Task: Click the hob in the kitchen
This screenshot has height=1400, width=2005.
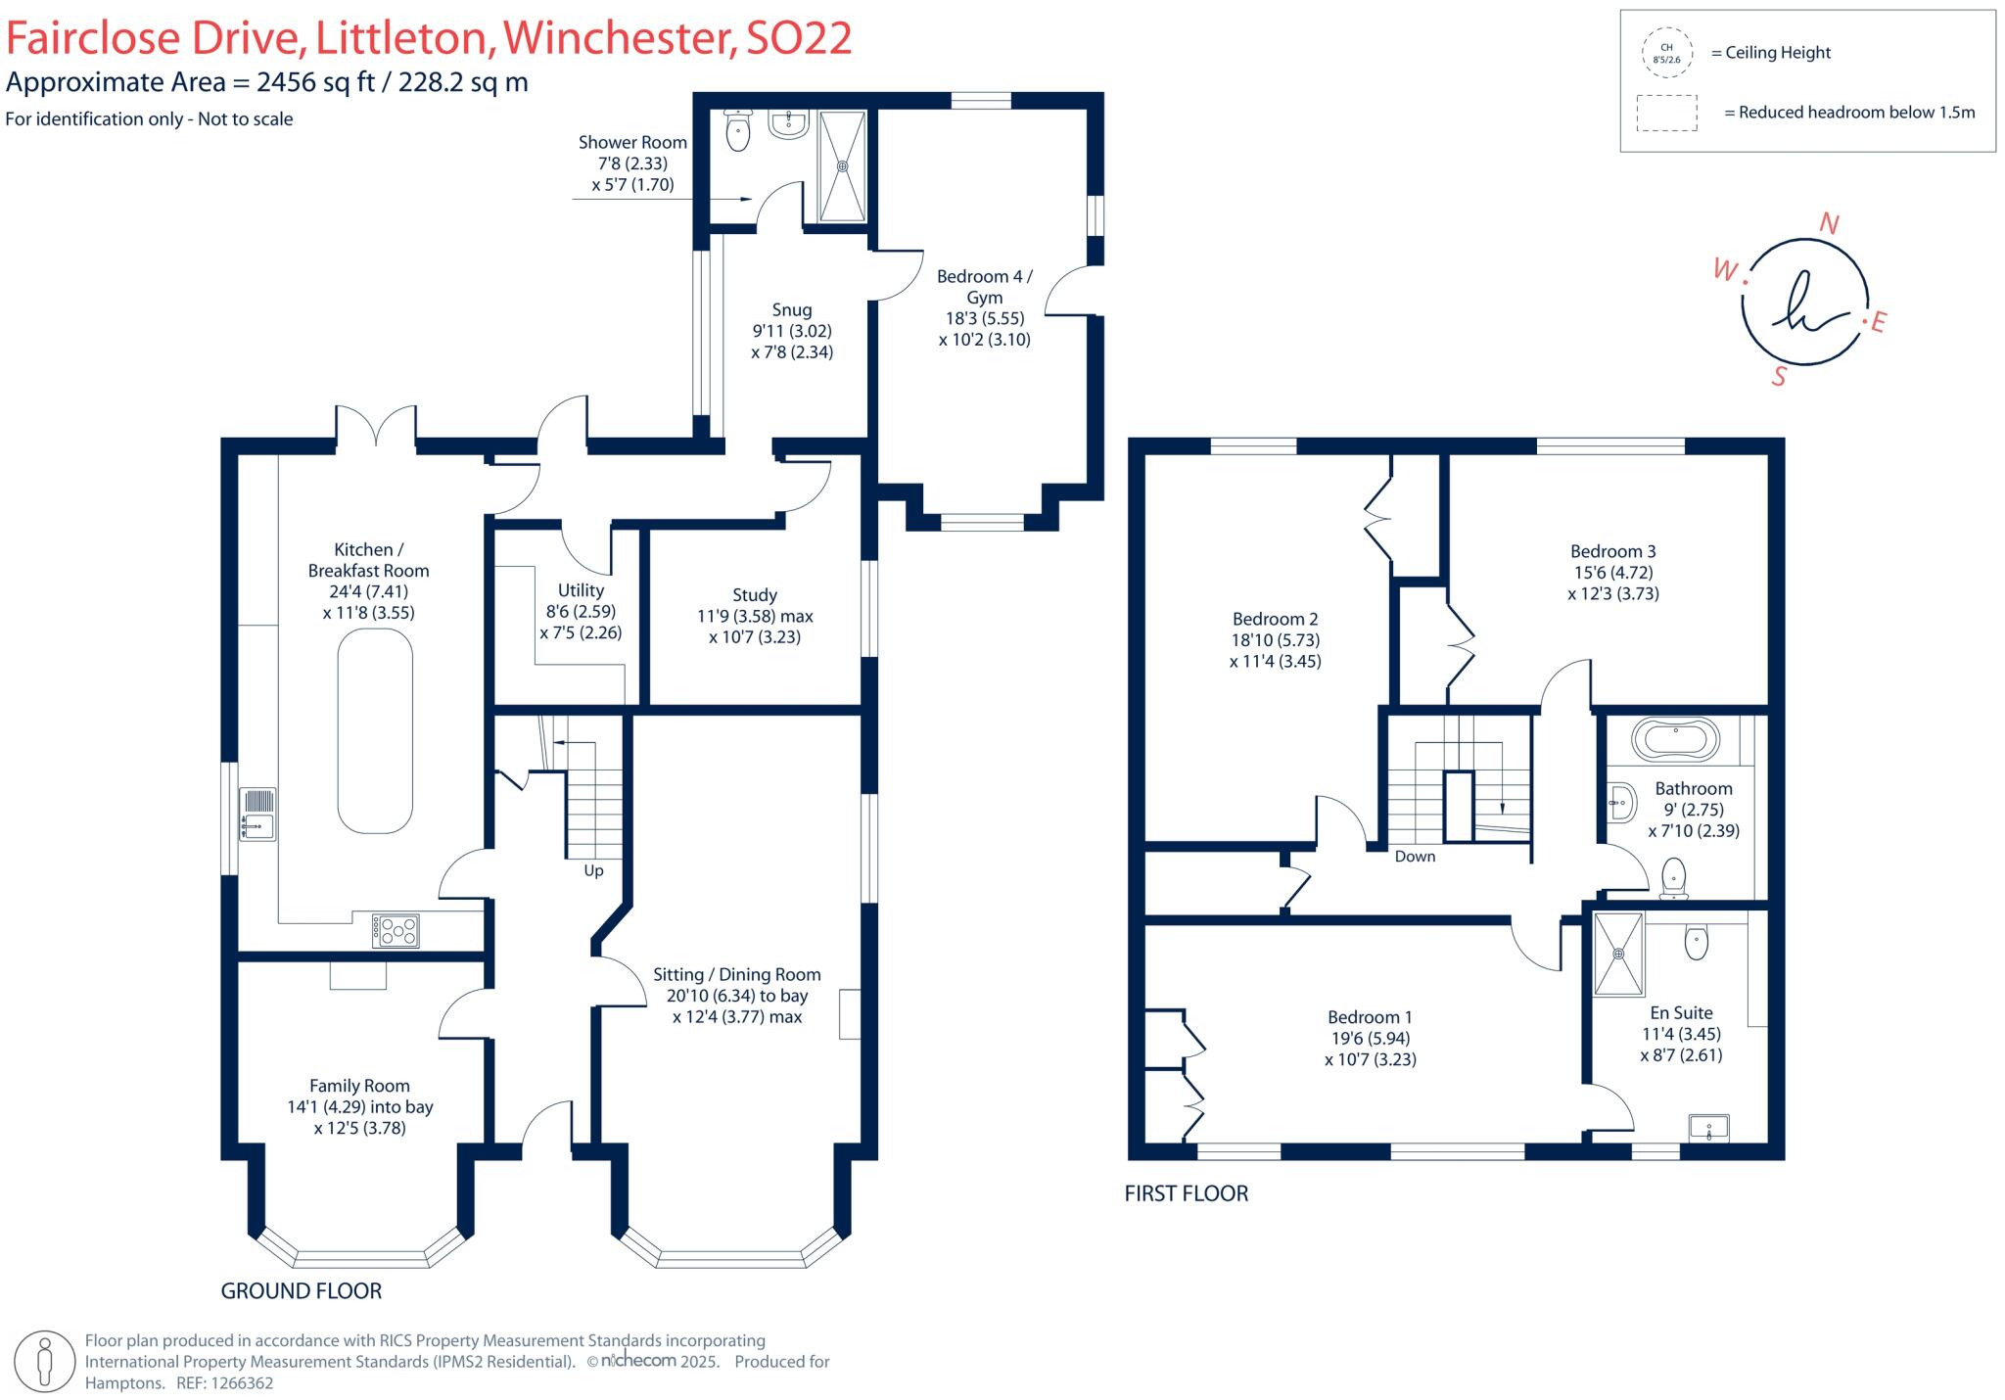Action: coord(396,930)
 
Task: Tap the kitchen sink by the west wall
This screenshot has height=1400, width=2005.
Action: coord(258,815)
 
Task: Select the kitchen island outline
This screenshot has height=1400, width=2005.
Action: coord(375,730)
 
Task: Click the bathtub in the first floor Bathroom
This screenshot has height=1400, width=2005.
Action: coord(1676,739)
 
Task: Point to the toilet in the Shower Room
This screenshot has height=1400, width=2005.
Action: coord(738,130)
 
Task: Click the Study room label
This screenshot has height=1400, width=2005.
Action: coord(755,595)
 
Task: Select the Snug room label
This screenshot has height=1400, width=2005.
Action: coord(791,310)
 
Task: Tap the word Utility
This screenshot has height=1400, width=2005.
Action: coord(581,590)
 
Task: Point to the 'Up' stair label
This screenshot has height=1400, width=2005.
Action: coord(593,870)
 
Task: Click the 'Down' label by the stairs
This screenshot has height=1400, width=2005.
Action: coord(1415,857)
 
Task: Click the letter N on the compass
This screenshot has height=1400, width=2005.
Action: coord(1828,224)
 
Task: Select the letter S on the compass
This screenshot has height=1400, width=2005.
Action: coord(1779,376)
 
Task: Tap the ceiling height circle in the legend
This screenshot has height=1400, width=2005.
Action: coord(1666,53)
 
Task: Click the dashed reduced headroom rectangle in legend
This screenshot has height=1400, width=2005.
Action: coord(1666,113)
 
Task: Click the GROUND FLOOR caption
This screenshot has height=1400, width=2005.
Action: coord(301,1291)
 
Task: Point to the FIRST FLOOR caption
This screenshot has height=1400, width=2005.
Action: coord(1186,1193)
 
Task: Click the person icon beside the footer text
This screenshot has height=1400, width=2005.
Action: coord(43,1361)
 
